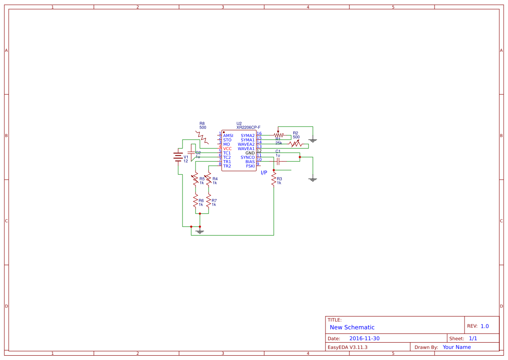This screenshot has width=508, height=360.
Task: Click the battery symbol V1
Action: tap(178, 157)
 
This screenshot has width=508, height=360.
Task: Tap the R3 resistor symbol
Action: tap(274, 179)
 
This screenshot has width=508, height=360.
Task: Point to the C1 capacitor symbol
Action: tap(278, 161)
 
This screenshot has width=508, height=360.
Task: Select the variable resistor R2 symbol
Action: tap(296, 143)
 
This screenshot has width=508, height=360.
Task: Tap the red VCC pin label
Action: tap(227, 149)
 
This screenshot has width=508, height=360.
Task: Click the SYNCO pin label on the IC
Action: tap(247, 157)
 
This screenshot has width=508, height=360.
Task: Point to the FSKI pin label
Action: tap(250, 166)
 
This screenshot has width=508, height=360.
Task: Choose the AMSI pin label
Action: tap(228, 136)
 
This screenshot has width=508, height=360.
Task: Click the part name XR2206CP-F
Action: tap(248, 127)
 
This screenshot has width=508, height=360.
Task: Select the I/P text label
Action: tap(264, 173)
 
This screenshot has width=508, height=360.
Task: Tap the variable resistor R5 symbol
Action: tap(196, 179)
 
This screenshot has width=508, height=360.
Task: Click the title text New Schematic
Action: tap(352, 327)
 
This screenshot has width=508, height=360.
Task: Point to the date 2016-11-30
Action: tap(364, 338)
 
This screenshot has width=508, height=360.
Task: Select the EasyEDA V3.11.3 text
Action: tap(347, 347)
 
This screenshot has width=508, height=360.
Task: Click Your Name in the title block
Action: tap(457, 347)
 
